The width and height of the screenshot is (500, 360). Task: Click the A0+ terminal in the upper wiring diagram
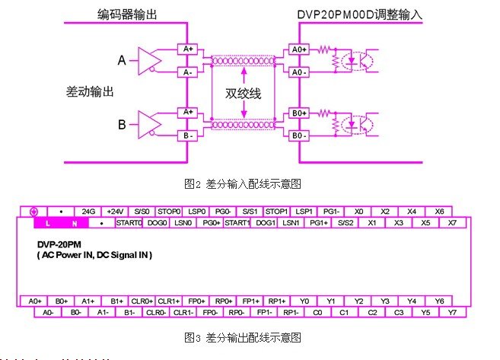coord(299,49)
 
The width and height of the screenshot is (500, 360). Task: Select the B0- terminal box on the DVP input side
coord(299,136)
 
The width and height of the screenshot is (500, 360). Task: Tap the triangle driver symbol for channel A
coord(147,59)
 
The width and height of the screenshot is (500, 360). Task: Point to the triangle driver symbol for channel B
coord(147,123)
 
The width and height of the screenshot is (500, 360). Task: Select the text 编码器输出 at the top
coord(127,13)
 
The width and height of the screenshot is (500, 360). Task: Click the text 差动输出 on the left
coord(90,91)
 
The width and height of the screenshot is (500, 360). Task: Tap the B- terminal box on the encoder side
coord(187,136)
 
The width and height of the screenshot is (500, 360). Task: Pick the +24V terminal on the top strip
coord(115,211)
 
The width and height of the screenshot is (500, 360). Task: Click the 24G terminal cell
coord(88,211)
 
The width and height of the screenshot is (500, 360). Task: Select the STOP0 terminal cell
coord(168,211)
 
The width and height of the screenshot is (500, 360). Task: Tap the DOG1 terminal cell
coord(266,223)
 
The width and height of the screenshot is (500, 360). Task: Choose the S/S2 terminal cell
coord(346,223)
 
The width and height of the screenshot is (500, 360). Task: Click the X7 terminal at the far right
coord(453,223)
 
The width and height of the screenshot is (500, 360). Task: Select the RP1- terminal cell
coord(291,312)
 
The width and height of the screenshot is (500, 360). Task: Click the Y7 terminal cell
coord(453,312)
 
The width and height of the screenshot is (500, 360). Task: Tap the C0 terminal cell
coord(319,312)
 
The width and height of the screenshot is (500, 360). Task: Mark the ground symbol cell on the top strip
coord(33,211)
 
